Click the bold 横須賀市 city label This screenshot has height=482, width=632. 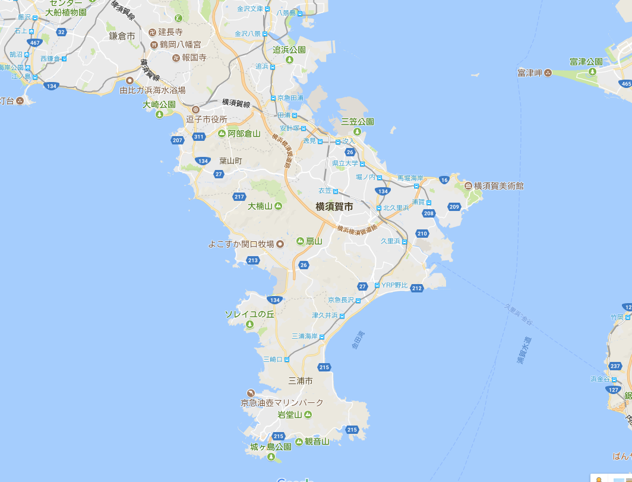[334, 207]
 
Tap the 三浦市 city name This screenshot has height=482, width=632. [300, 380]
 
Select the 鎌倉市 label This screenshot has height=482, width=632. [122, 36]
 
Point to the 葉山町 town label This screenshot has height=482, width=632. [231, 160]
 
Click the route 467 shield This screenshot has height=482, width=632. [35, 43]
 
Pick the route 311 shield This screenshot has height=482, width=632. [198, 137]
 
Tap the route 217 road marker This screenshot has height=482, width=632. [239, 197]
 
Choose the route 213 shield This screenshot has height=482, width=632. [253, 260]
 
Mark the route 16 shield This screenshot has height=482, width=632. [444, 180]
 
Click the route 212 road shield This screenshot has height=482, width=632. [416, 288]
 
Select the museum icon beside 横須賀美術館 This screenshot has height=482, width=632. [468, 186]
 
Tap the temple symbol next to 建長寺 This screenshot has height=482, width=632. [152, 31]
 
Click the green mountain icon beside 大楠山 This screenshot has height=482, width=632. [277, 206]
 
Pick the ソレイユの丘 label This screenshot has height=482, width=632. [249, 314]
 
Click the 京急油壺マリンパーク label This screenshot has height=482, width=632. [282, 402]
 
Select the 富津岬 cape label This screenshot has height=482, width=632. [530, 73]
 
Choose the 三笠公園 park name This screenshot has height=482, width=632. [358, 121]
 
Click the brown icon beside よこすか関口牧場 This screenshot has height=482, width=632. [281, 244]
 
